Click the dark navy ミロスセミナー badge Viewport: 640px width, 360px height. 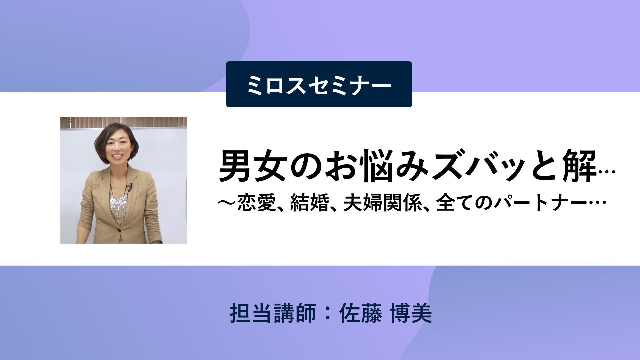(319, 84)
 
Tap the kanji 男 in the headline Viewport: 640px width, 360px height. (235, 166)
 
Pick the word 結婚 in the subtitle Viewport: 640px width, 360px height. (310, 202)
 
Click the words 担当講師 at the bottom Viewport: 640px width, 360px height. (273, 313)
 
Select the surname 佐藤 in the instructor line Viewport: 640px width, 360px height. (360, 313)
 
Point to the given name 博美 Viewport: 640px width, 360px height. (411, 313)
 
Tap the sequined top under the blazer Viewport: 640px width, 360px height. (118, 208)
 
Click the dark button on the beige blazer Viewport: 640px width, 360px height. (119, 230)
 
